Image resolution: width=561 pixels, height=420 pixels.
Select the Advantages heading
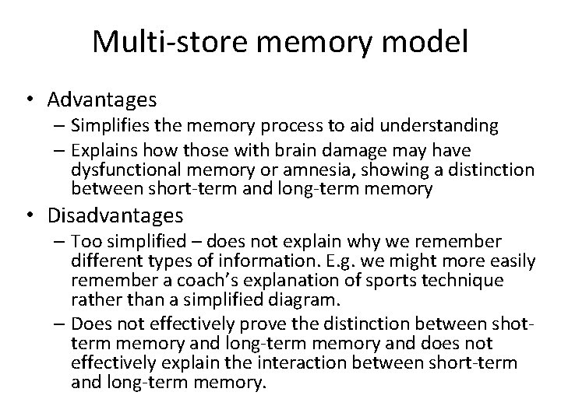tap(102, 100)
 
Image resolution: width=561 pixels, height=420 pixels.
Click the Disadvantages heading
tap(115, 214)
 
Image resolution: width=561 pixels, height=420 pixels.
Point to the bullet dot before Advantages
tap(30, 101)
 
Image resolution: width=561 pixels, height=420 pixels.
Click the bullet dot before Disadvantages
tap(30, 215)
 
